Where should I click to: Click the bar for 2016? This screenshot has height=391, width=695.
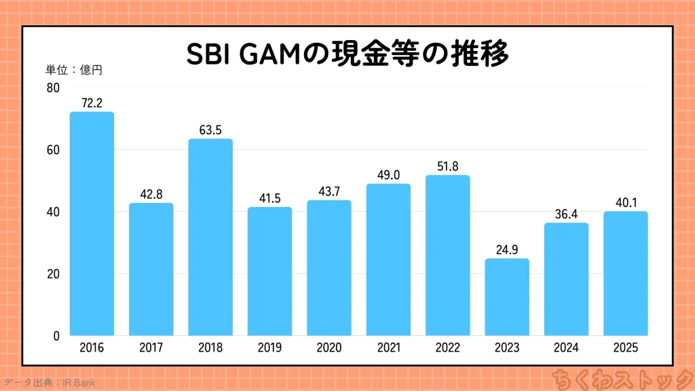tap(92, 224)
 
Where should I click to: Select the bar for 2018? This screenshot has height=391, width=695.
tap(210, 238)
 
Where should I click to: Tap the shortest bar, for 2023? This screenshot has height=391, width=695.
tap(507, 297)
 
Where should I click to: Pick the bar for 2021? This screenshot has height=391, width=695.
tap(388, 260)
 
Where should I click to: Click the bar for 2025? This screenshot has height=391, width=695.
tap(625, 274)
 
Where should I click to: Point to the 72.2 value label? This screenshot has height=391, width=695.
tap(92, 103)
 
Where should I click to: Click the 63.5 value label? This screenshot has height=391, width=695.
tap(210, 130)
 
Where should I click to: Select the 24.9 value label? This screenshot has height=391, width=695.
tap(507, 249)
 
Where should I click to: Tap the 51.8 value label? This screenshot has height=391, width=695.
tap(447, 166)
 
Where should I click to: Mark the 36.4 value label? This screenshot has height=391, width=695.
tap(566, 214)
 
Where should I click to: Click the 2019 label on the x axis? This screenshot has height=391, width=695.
tap(269, 348)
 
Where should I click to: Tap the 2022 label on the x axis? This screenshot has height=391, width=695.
tap(447, 348)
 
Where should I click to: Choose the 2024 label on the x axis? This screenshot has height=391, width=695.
tap(566, 348)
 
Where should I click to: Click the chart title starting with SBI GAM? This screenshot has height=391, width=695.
tap(347, 55)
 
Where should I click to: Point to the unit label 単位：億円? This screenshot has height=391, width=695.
tap(74, 69)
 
